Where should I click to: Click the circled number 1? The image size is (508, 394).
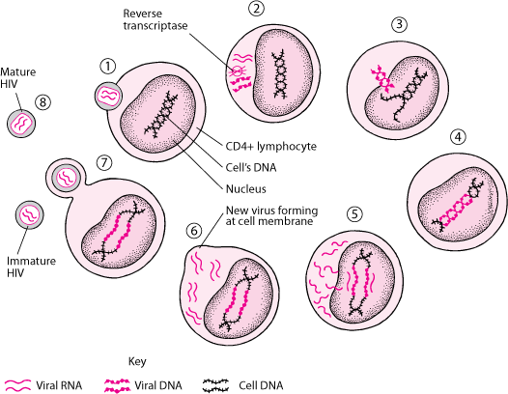click(x=108, y=67)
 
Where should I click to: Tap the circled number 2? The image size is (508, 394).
click(x=257, y=8)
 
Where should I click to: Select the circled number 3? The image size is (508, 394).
click(x=399, y=24)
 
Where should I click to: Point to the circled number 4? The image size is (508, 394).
click(x=458, y=137)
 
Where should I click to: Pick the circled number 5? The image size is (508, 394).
click(x=354, y=214)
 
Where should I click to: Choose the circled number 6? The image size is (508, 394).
click(x=194, y=231)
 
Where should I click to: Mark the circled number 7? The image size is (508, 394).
click(x=104, y=162)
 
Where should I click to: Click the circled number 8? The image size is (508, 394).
click(x=43, y=102)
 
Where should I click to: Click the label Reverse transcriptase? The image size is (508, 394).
click(x=155, y=19)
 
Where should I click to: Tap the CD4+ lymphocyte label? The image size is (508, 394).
click(x=270, y=147)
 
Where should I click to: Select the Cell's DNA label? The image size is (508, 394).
click(x=251, y=167)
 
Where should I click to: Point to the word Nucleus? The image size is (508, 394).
click(x=245, y=189)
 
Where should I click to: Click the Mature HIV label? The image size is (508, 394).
click(x=17, y=78)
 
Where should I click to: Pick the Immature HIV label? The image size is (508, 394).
click(x=31, y=267)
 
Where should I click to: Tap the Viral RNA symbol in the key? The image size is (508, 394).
click(x=18, y=385)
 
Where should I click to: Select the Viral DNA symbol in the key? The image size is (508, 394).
click(x=117, y=385)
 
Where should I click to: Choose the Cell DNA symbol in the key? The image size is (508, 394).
click(x=215, y=385)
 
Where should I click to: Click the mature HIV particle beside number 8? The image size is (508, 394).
click(x=21, y=124)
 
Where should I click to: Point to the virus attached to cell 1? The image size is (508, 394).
click(x=108, y=96)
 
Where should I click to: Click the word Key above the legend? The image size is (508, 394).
click(x=137, y=361)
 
